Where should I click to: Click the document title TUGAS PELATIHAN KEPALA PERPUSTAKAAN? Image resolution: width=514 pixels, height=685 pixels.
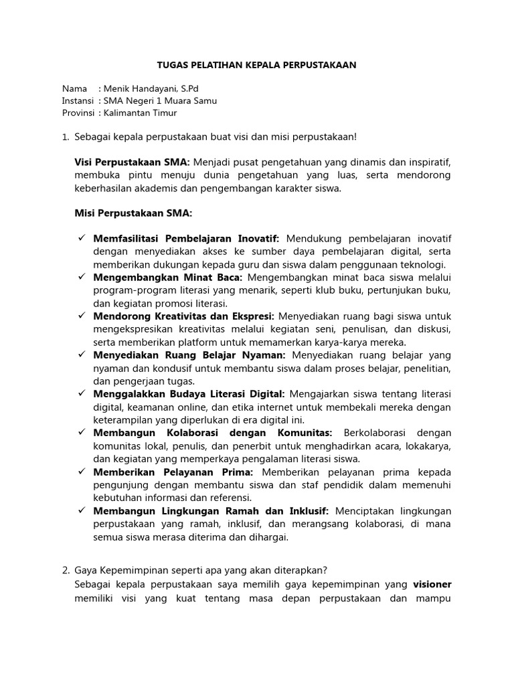click(256, 65)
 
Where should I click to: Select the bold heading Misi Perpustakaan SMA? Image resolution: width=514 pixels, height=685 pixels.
click(133, 213)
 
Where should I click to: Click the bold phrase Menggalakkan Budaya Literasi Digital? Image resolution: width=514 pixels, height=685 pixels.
click(189, 394)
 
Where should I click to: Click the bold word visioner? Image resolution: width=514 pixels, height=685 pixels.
click(432, 583)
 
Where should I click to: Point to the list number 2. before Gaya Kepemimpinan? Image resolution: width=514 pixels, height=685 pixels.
click(66, 571)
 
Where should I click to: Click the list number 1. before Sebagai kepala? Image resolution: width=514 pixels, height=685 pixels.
click(66, 136)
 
